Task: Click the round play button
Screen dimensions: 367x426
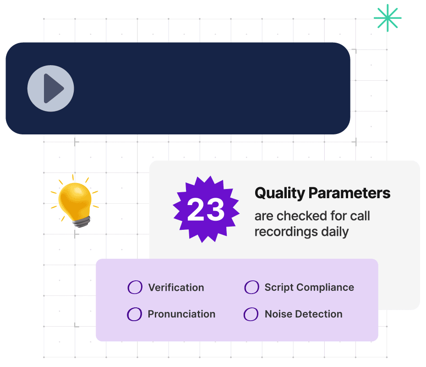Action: (x=50, y=88)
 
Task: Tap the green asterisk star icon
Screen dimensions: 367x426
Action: (x=387, y=18)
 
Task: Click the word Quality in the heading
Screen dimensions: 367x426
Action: (x=279, y=193)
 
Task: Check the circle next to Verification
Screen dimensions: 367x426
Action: (x=135, y=288)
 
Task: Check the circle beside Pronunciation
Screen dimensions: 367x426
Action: (x=134, y=314)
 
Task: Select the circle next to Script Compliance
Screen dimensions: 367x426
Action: (x=251, y=288)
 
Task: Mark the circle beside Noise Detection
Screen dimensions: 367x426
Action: (x=251, y=314)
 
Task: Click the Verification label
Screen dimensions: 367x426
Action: (x=176, y=288)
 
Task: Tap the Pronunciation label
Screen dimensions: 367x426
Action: (x=181, y=314)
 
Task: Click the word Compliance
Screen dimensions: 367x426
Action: (x=325, y=288)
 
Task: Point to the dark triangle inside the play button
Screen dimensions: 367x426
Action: (x=53, y=88)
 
